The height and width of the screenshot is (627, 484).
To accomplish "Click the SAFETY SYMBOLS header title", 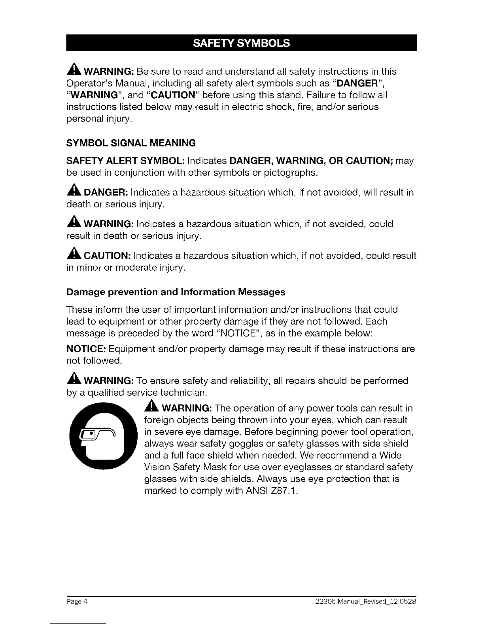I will click(241, 43).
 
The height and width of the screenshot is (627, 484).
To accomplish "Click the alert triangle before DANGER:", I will click(74, 192).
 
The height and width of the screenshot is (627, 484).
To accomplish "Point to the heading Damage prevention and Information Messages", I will click(176, 292).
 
